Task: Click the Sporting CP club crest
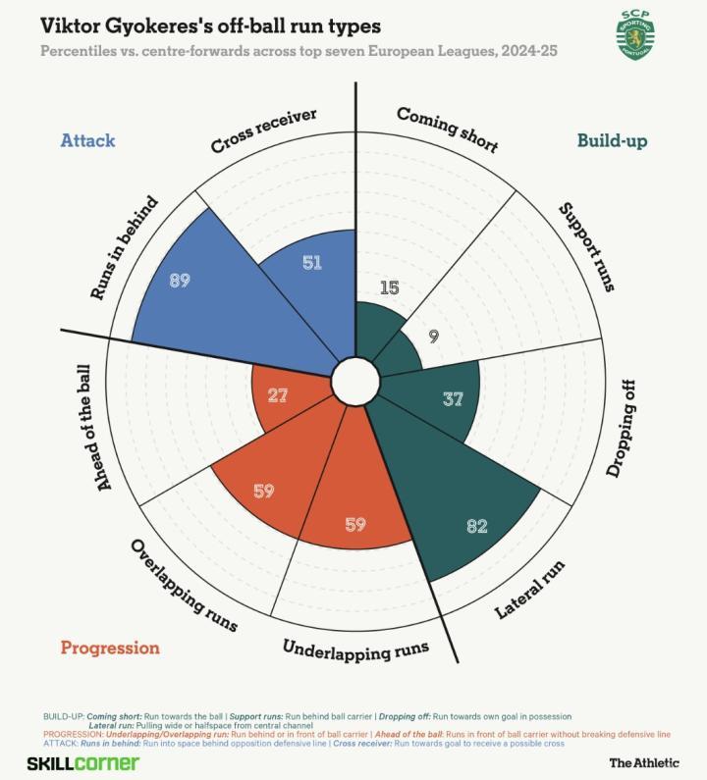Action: coord(635,35)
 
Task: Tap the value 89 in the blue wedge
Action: coord(179,280)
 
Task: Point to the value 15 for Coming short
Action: coord(389,287)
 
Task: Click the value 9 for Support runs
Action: coord(433,336)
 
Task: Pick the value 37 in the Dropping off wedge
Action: coord(452,399)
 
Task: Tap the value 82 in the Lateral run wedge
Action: coord(477,526)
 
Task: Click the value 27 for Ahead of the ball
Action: coord(278,395)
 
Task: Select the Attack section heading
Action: coord(88,140)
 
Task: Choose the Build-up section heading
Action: coord(612,140)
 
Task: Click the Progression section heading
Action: coord(110,648)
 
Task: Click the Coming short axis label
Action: coord(447,130)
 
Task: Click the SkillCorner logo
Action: coord(82,762)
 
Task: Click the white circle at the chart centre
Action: coord(354,380)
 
